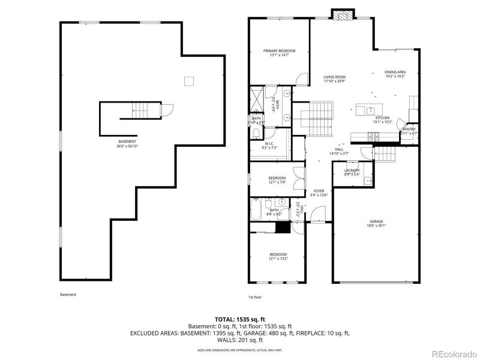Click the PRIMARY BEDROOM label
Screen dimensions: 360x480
279,53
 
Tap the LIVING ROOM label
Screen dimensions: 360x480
334,79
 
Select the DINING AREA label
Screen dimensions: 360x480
395,74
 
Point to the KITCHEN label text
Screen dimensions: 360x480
383,119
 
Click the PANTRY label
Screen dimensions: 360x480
409,131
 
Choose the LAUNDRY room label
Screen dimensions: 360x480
352,172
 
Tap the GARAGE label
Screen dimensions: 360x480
377,224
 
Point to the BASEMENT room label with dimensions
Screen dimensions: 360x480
127,143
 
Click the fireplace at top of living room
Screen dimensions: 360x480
343,14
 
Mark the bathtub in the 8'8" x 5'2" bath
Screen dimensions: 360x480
256,209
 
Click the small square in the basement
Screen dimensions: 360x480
189,81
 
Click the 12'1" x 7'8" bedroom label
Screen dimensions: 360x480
277,179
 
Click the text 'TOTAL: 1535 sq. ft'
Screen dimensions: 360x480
239,319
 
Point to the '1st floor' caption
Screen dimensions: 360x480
254,296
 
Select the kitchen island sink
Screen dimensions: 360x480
371,109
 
